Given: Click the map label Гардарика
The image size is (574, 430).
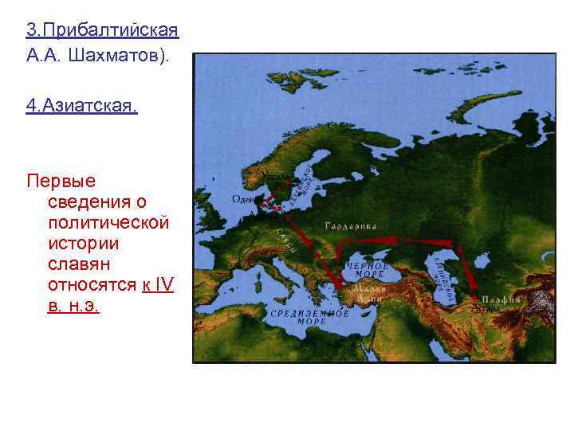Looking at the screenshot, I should (x=350, y=226).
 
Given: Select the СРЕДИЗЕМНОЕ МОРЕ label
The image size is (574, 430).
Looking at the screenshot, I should (x=312, y=317).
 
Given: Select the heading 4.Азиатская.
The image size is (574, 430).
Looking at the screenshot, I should (x=81, y=106).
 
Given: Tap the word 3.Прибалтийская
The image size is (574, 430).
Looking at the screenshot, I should (x=102, y=30).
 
